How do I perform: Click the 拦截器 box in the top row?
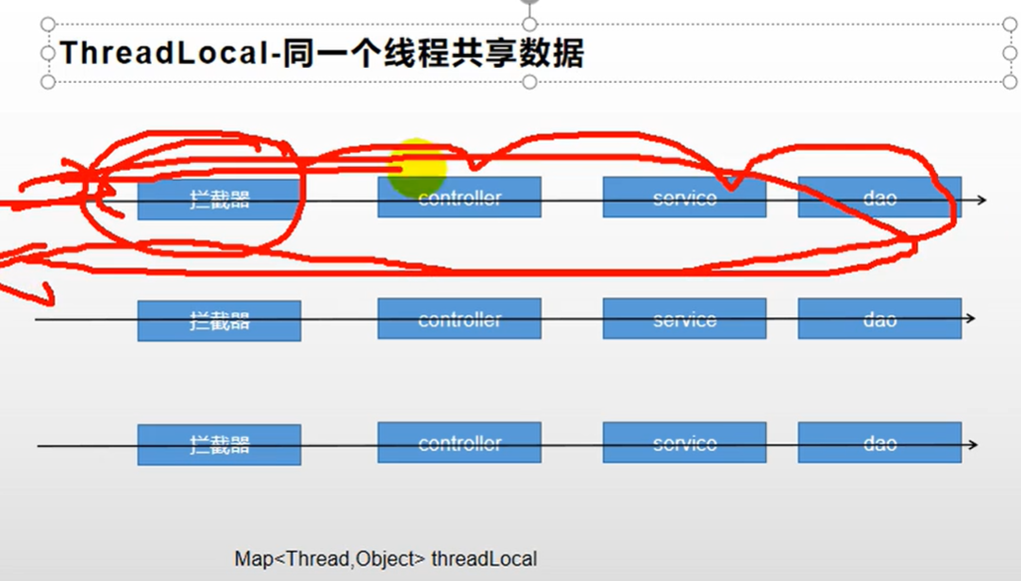tap(219, 198)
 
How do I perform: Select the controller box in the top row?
tap(460, 197)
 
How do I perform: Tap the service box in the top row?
tap(684, 197)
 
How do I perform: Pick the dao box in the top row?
tap(879, 197)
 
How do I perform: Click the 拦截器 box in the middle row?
tap(219, 321)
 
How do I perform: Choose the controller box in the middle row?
tap(460, 319)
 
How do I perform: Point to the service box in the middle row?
tap(684, 319)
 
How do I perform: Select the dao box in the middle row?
tap(879, 319)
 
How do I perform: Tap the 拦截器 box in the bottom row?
tap(219, 444)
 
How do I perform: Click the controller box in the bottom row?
tap(460, 442)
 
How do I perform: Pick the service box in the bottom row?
tap(684, 442)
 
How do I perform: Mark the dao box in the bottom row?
tap(879, 442)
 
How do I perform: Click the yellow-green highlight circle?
tap(417, 167)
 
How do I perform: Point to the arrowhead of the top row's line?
tap(982, 199)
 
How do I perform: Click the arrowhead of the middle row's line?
tap(970, 319)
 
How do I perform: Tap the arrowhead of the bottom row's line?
tap(973, 444)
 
